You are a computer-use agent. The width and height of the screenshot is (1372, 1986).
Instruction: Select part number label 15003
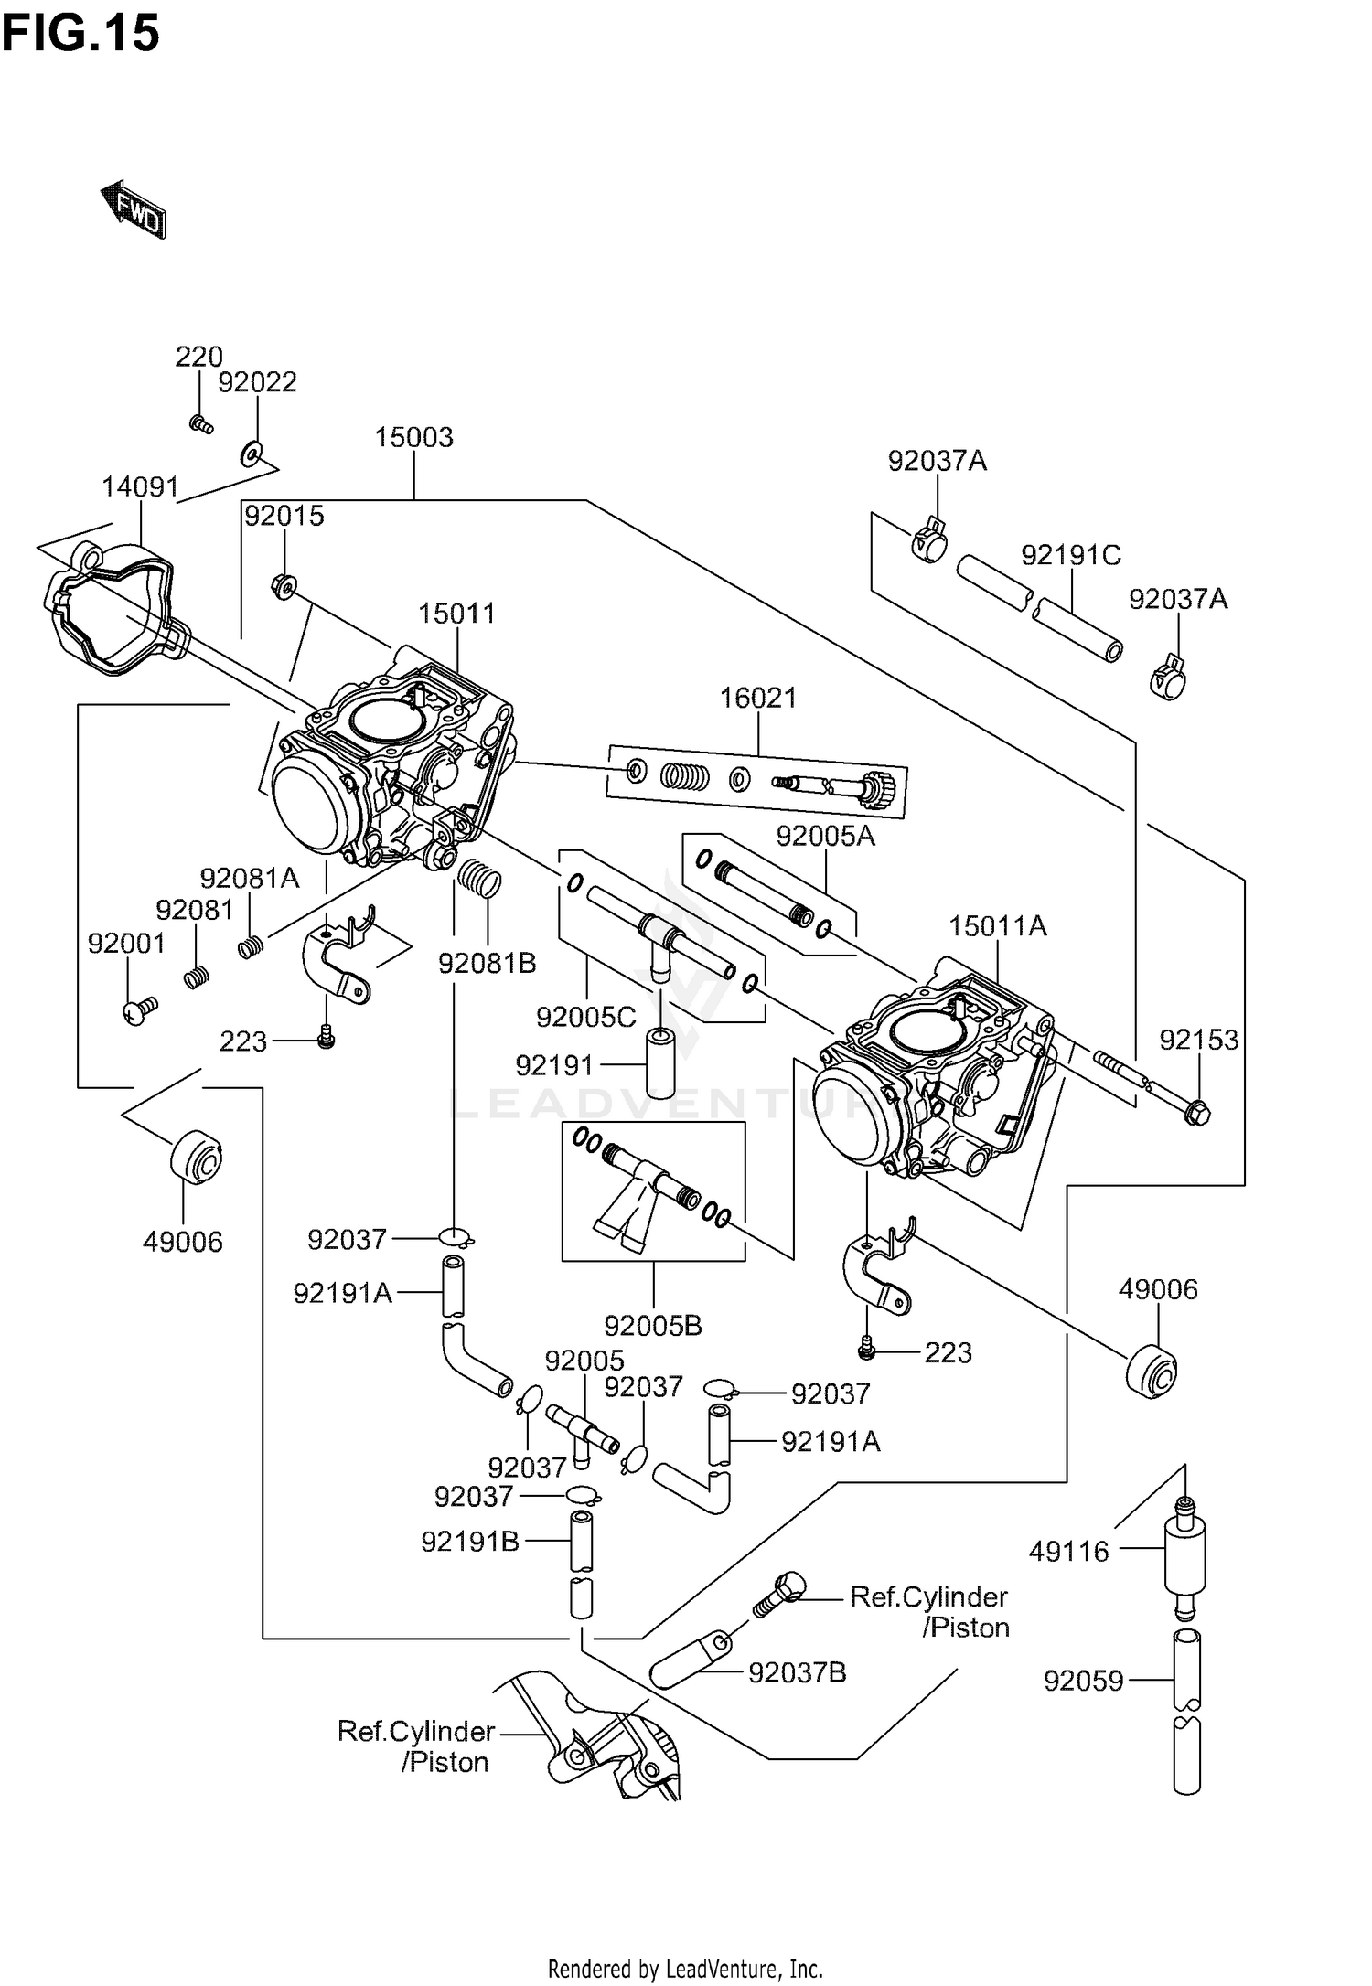click(413, 437)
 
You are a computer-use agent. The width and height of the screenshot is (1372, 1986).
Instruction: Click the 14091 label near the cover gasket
click(139, 487)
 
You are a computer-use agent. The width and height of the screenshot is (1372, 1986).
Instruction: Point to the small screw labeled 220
click(200, 423)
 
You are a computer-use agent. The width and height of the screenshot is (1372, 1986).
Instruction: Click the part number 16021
click(758, 699)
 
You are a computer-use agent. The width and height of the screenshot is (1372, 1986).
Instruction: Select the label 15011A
click(997, 926)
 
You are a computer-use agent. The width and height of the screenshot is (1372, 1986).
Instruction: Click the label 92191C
click(1070, 555)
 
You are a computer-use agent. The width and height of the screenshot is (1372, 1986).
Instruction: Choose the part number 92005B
click(653, 1325)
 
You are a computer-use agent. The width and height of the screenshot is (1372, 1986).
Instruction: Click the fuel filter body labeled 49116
click(1185, 1554)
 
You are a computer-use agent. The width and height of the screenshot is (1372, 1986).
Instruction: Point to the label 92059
click(1083, 1681)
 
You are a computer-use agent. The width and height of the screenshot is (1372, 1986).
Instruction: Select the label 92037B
click(797, 1672)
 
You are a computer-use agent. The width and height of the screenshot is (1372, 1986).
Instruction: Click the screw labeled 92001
click(139, 1010)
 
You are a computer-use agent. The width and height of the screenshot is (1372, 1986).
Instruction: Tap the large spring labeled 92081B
click(480, 879)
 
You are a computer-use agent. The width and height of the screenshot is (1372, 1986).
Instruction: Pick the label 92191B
click(469, 1542)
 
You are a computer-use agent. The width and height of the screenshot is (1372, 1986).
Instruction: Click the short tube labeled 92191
click(659, 1064)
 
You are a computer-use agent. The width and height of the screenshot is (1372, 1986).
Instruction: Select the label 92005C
click(585, 1017)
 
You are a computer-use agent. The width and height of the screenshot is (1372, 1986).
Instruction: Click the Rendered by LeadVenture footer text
click(685, 1968)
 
